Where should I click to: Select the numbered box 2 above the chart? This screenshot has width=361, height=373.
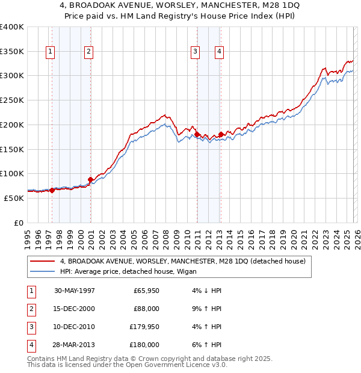pos(88,52)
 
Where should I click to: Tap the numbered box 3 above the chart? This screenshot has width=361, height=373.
pos(196,52)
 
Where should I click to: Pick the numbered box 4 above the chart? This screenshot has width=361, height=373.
pos(220,52)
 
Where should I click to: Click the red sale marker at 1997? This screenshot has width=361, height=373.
pos(52,190)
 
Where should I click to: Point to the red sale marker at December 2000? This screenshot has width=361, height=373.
pos(90,179)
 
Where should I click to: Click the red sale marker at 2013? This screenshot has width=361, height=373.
pos(221,134)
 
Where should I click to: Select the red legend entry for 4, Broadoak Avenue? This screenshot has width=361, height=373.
pos(183,261)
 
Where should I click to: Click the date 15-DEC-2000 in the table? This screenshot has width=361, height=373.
pos(75,309)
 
